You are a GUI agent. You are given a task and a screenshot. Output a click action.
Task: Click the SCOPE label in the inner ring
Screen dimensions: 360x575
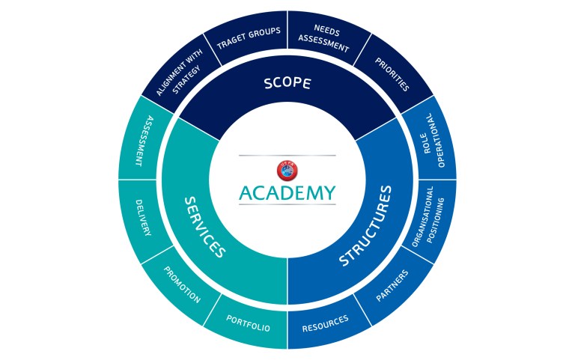(287, 83)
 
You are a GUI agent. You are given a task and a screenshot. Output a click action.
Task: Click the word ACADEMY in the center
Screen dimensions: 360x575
(287, 193)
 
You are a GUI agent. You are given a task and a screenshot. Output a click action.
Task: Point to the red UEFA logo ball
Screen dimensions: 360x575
(287, 171)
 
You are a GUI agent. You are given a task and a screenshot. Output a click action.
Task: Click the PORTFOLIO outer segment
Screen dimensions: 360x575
(248, 323)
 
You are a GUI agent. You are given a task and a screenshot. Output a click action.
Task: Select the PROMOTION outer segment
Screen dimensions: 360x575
(182, 285)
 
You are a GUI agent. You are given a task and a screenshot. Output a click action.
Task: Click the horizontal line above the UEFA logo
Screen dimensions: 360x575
(287, 156)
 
